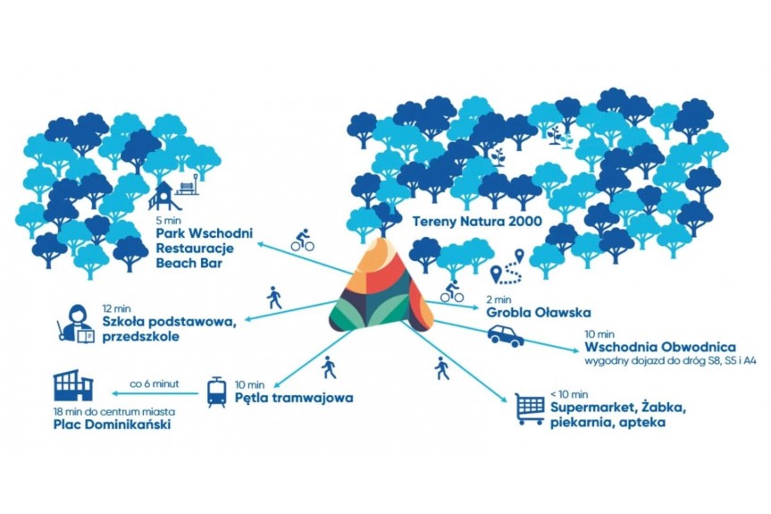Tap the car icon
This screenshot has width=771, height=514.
tap(507, 335)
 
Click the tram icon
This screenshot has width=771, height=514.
tap(216, 392)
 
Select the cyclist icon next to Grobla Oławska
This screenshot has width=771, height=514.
tap(451, 291)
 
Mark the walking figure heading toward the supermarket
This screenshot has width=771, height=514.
tap(441, 367)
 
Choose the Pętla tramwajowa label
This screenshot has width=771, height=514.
tap(294, 398)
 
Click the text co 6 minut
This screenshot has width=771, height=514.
tap(155, 383)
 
